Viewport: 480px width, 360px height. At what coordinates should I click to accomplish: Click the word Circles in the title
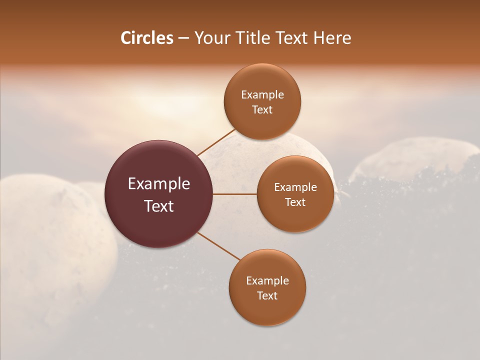[x=146, y=38]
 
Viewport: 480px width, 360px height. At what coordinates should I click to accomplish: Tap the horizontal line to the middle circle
[x=235, y=194]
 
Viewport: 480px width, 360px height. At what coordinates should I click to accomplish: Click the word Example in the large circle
[x=159, y=184]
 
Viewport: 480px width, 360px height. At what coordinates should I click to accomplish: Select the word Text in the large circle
[x=159, y=206]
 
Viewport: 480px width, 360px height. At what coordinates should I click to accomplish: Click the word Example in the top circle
[x=262, y=95]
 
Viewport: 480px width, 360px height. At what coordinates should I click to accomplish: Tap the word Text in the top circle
[x=262, y=110]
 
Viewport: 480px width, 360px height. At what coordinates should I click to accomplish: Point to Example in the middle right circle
[x=295, y=187]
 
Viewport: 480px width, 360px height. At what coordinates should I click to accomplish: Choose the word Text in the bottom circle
[x=267, y=296]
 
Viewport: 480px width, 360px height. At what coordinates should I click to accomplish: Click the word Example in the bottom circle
[x=267, y=281]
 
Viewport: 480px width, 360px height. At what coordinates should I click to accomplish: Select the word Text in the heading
[x=292, y=38]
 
